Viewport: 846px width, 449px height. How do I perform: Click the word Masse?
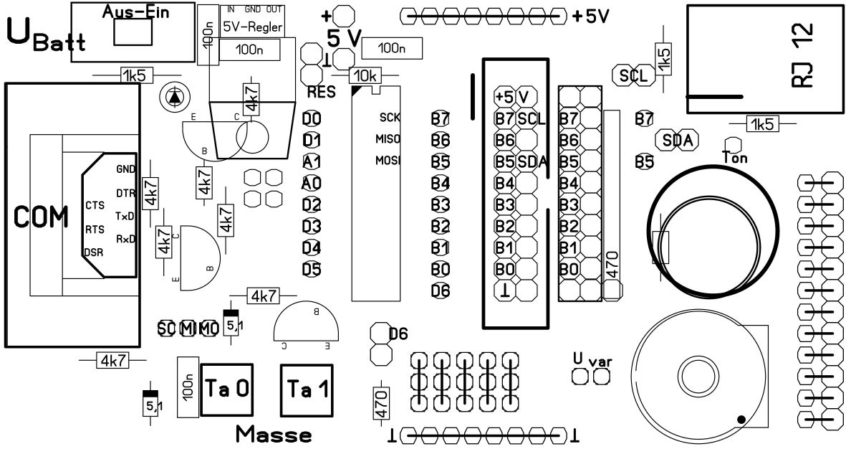tap(273, 434)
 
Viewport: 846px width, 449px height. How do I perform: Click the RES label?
tap(321, 93)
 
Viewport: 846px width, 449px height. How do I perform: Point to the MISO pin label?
tap(388, 138)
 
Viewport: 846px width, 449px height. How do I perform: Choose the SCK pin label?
tap(390, 117)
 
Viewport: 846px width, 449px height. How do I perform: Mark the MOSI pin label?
tap(388, 160)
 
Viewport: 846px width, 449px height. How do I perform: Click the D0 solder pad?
tap(312, 119)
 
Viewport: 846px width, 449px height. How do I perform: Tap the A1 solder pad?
tap(312, 162)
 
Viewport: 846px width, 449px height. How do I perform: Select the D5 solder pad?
tap(312, 270)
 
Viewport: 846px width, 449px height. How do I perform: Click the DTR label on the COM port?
tap(125, 193)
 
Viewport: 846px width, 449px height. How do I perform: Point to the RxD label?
tap(125, 237)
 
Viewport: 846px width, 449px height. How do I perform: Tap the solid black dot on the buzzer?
tap(741, 420)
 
